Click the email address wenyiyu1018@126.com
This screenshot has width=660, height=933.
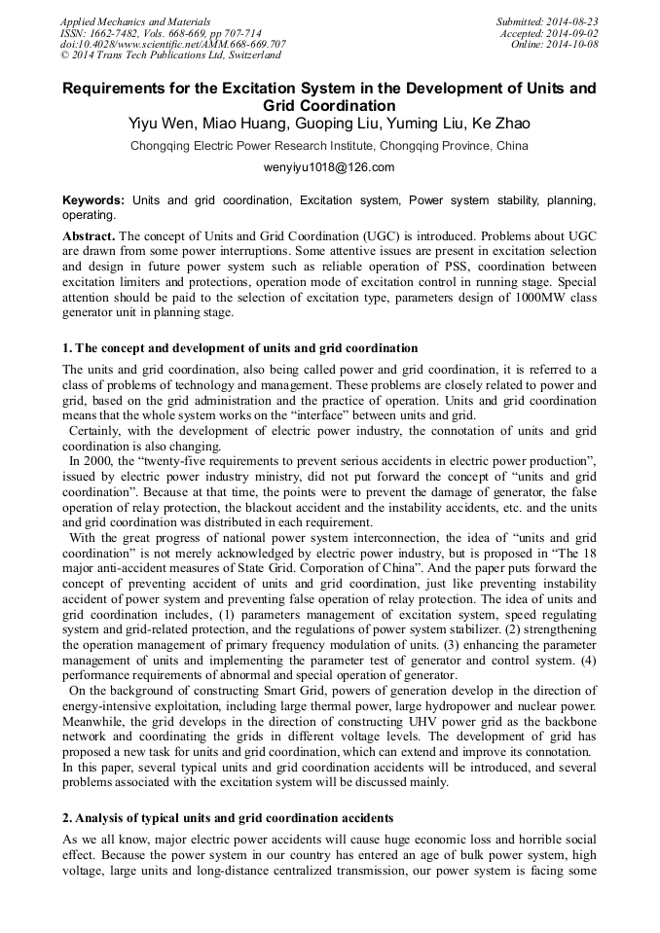coord(329,166)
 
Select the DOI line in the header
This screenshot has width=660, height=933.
coord(172,44)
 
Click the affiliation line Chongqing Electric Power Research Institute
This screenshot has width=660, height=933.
coord(329,146)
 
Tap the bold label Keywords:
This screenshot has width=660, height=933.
coord(93,199)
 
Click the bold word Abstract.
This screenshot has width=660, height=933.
coord(90,235)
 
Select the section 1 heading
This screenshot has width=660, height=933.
coord(240,348)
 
